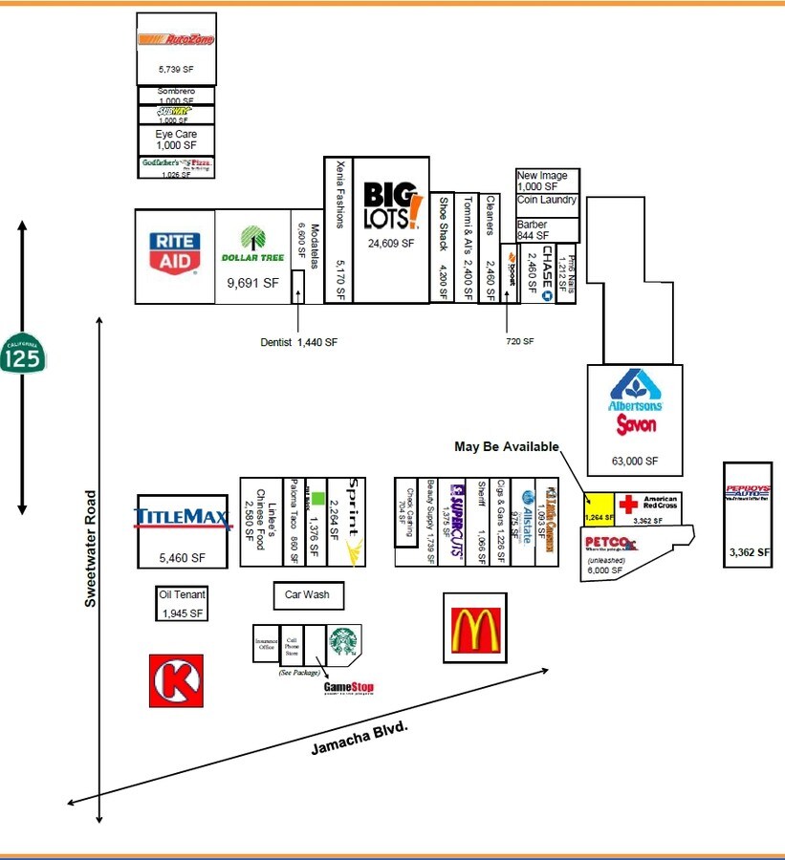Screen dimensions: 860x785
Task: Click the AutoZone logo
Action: pyautogui.click(x=176, y=40)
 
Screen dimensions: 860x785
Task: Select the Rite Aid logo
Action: pyautogui.click(x=174, y=250)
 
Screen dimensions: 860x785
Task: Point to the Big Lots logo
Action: pyautogui.click(x=391, y=205)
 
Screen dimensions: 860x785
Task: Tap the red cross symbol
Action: pyautogui.click(x=628, y=505)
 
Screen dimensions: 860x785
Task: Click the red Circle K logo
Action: pyautogui.click(x=176, y=680)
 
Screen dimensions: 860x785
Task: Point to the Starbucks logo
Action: pyautogui.click(x=344, y=641)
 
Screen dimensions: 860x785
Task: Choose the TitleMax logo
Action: pyautogui.click(x=183, y=518)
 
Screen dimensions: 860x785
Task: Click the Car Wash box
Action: pyautogui.click(x=307, y=594)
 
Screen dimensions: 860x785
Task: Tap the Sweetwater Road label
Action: pyautogui.click(x=91, y=548)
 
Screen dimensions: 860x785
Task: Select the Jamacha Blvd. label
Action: pyautogui.click(x=360, y=739)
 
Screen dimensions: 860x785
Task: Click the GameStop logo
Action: pyautogui.click(x=348, y=687)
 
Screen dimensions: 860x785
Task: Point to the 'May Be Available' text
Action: pyautogui.click(x=507, y=447)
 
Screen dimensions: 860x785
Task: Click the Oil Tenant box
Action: pyautogui.click(x=182, y=603)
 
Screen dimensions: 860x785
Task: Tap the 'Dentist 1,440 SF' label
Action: pyautogui.click(x=298, y=341)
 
